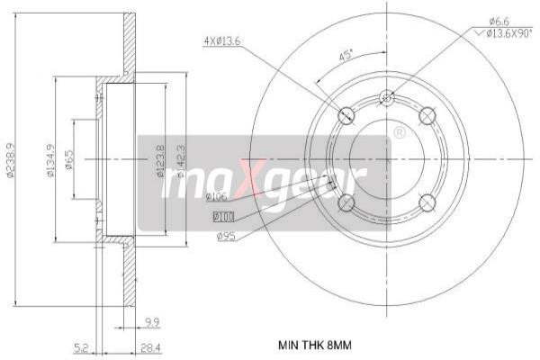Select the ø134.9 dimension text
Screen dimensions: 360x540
(51, 160)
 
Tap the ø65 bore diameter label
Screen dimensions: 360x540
(69, 160)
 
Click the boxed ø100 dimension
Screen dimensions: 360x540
(222, 216)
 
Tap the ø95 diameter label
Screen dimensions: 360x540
(227, 237)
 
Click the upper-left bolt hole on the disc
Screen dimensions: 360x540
(346, 115)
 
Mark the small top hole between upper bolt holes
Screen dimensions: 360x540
(387, 97)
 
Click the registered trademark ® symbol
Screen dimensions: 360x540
(399, 133)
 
